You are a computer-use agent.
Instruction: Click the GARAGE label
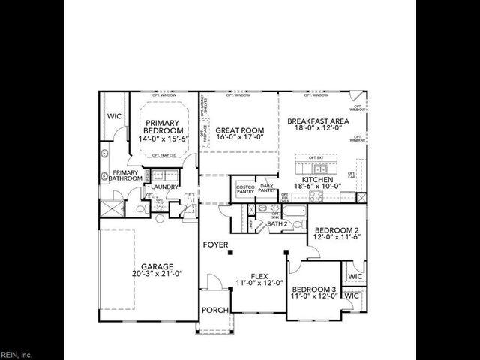157,266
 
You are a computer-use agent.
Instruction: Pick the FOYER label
216,245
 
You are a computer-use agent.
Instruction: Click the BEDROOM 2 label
337,229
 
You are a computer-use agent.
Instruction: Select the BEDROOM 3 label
314,289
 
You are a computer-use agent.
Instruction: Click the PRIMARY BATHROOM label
123,175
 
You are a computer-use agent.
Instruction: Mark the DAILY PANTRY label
267,189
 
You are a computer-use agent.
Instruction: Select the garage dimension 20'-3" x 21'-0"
157,274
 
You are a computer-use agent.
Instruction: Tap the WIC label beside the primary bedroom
114,117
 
